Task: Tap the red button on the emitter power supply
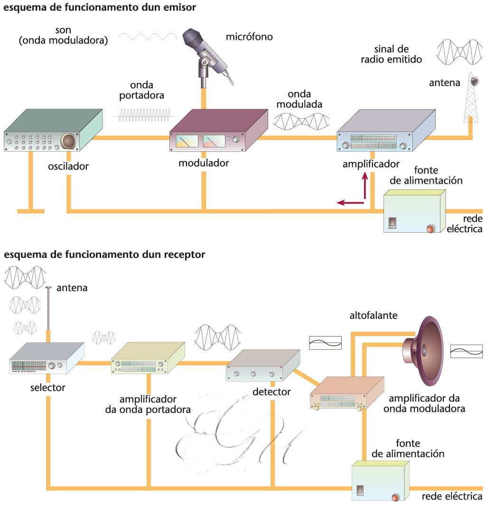tap(430, 228)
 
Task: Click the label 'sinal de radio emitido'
tap(398, 54)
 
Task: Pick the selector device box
tap(46, 359)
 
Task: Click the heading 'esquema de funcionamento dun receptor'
tap(104, 255)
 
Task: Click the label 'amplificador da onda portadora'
tap(148, 404)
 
